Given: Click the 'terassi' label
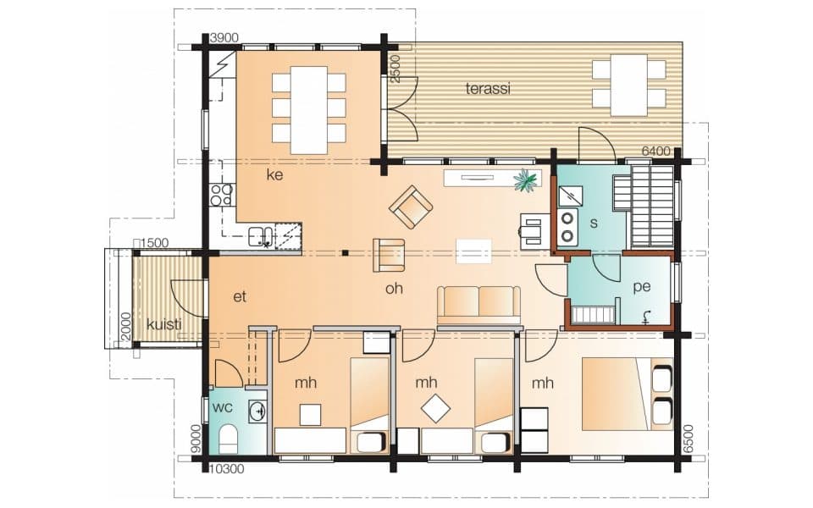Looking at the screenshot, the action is (x=488, y=89).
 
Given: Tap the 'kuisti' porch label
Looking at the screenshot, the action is (x=163, y=324).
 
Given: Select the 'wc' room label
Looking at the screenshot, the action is (x=223, y=407).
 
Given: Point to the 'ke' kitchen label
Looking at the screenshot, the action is (x=274, y=174).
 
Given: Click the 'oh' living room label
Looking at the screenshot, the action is (x=394, y=288).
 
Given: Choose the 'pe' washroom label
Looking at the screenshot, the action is (x=641, y=287).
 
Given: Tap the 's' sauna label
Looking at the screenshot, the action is (x=594, y=223).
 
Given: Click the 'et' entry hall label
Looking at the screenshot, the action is (x=240, y=297).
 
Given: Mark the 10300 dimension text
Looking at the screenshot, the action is (x=227, y=469).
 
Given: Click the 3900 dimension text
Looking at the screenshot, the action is (x=224, y=38).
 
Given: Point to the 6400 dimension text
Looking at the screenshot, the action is (x=655, y=152).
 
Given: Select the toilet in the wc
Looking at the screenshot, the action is (x=228, y=439).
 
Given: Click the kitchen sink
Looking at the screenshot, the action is (x=261, y=236).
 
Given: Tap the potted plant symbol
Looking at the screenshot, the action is (x=525, y=181).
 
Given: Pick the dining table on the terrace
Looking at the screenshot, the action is (x=629, y=85).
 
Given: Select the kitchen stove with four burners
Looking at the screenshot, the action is (x=221, y=195).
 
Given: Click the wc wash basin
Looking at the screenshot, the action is (x=257, y=411).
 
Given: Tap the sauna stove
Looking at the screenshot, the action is (x=567, y=227).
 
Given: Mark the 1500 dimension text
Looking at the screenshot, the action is (x=155, y=243).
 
